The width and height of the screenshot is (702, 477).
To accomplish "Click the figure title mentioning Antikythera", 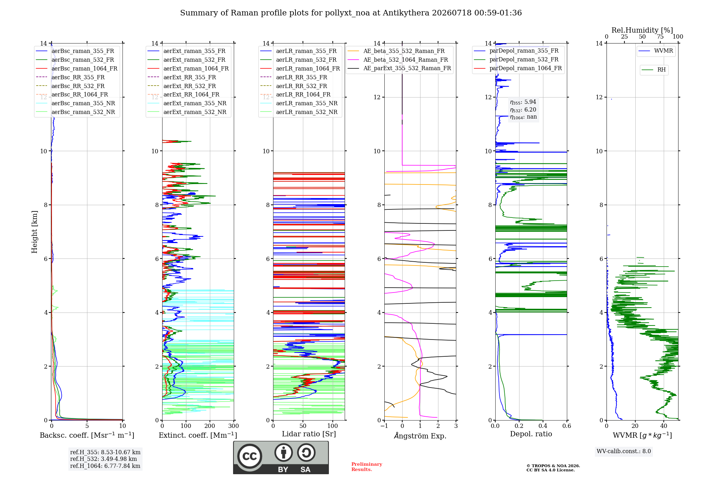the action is pyautogui.click(x=351, y=13).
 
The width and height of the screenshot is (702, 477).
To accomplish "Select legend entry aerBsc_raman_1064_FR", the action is pyautogui.click(x=77, y=68).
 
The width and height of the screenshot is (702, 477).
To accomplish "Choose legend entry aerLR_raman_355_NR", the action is pyautogui.click(x=299, y=103).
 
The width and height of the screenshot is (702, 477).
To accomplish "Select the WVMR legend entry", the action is pyautogui.click(x=656, y=51).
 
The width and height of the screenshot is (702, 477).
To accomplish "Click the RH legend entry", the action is pyautogui.click(x=654, y=70).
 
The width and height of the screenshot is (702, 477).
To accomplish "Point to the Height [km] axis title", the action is pyautogui.click(x=34, y=232).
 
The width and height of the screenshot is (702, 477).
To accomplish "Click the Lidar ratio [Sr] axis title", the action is pyautogui.click(x=309, y=434).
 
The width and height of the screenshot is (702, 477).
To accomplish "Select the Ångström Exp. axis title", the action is pyautogui.click(x=420, y=436).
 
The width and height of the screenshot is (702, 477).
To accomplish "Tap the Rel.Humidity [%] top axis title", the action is pyautogui.click(x=642, y=30).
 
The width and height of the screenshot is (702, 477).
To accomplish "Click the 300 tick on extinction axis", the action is pyautogui.click(x=234, y=426).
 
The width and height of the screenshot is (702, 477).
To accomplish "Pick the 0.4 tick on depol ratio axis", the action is pyautogui.click(x=543, y=426).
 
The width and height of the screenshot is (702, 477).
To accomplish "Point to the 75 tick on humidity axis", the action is pyautogui.click(x=660, y=36).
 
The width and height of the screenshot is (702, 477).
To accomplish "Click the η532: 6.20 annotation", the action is pyautogui.click(x=523, y=109).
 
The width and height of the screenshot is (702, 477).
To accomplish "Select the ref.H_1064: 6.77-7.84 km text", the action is pyautogui.click(x=105, y=466).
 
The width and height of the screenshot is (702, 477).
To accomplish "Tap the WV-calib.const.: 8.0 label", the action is pyautogui.click(x=624, y=451).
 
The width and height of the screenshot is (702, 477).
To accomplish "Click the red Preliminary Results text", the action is pyautogui.click(x=367, y=467).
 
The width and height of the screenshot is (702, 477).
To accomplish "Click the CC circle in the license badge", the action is pyautogui.click(x=250, y=456).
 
